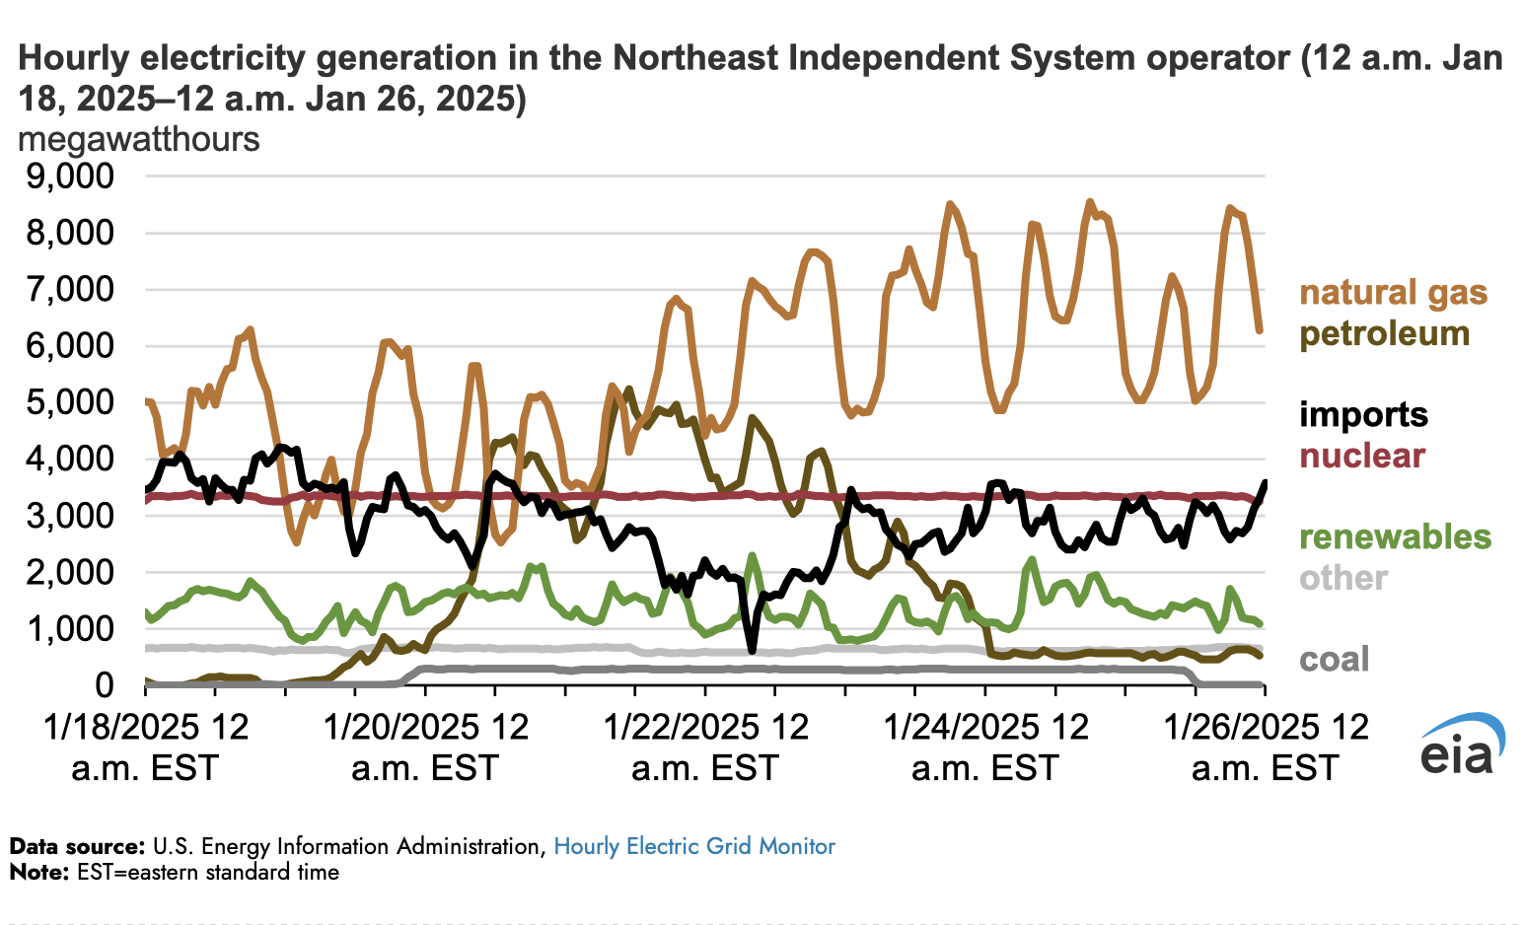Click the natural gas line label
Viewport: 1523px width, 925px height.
[x=1393, y=293]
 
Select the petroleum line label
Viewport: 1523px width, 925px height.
[x=1384, y=334]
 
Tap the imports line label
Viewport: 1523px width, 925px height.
[x=1363, y=414]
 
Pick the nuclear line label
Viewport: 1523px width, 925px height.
[x=1362, y=456]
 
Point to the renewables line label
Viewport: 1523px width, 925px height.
[x=1395, y=537]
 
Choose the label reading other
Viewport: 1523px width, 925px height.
[x=1342, y=578]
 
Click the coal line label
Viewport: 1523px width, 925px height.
[x=1334, y=660]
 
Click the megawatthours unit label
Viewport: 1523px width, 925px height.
[x=139, y=140]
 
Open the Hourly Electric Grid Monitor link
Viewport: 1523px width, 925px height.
[x=694, y=846]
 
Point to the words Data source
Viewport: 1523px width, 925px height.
[x=76, y=846]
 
